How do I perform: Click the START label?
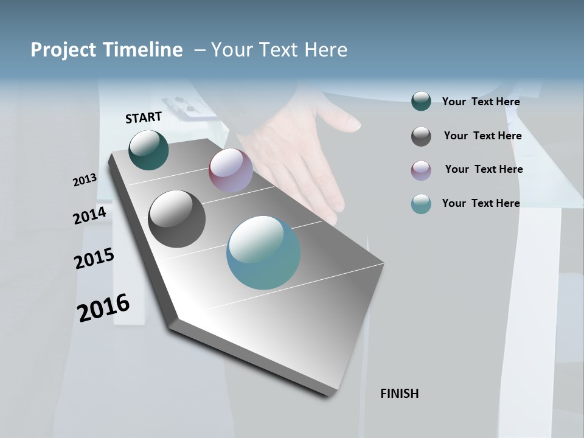tap(144, 117)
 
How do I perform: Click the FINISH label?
tap(399, 394)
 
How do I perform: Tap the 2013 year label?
tap(85, 180)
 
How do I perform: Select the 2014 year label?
tap(89, 216)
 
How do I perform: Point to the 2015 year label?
tap(94, 259)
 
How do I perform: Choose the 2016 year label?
tap(103, 307)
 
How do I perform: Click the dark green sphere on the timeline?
tap(149, 150)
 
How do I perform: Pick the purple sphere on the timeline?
tap(231, 170)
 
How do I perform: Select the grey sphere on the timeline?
tap(177, 219)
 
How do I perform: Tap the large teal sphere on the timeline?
tap(263, 252)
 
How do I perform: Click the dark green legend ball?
tap(421, 102)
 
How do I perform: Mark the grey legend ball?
tap(421, 136)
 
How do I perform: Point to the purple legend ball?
tap(421, 170)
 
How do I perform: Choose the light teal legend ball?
tap(421, 204)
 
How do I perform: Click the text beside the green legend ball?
tap(481, 102)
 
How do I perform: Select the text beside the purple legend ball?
tap(484, 169)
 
